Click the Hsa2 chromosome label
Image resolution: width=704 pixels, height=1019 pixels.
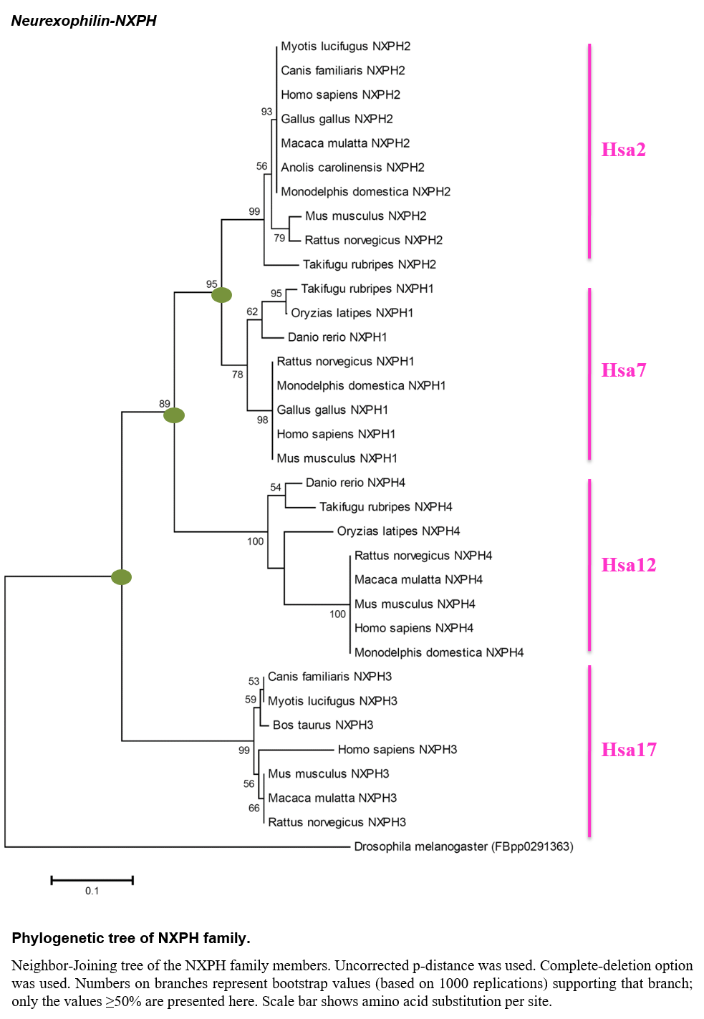(x=623, y=150)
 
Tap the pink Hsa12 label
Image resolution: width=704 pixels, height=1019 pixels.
(x=629, y=565)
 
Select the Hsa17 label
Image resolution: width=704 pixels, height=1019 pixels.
(x=629, y=750)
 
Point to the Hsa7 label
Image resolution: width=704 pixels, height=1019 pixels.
(x=624, y=370)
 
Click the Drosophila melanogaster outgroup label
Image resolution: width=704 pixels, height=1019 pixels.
(x=463, y=846)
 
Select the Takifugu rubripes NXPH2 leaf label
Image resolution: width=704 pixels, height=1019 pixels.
(x=370, y=264)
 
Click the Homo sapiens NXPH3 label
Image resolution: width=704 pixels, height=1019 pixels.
(x=397, y=749)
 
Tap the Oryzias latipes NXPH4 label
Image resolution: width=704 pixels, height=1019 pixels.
(x=398, y=531)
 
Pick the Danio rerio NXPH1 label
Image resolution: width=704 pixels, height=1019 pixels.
(x=337, y=337)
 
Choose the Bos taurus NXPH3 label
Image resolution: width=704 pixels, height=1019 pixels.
(x=323, y=725)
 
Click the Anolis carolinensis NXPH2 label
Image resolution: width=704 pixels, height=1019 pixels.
(x=352, y=168)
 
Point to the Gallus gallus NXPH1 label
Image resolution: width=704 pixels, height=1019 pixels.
(x=332, y=410)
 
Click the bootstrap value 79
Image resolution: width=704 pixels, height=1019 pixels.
(x=279, y=238)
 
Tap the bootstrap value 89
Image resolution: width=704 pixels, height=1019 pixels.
(x=164, y=403)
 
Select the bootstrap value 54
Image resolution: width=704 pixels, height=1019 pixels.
(x=275, y=487)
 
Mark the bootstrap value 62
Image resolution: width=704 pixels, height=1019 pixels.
(x=252, y=312)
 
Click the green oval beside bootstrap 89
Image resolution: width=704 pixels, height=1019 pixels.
(x=174, y=415)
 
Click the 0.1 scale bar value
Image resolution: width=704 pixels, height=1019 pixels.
(x=92, y=891)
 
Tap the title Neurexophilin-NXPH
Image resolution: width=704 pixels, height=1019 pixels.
(x=84, y=21)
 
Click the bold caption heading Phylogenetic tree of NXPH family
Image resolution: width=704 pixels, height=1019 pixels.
(x=131, y=938)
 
